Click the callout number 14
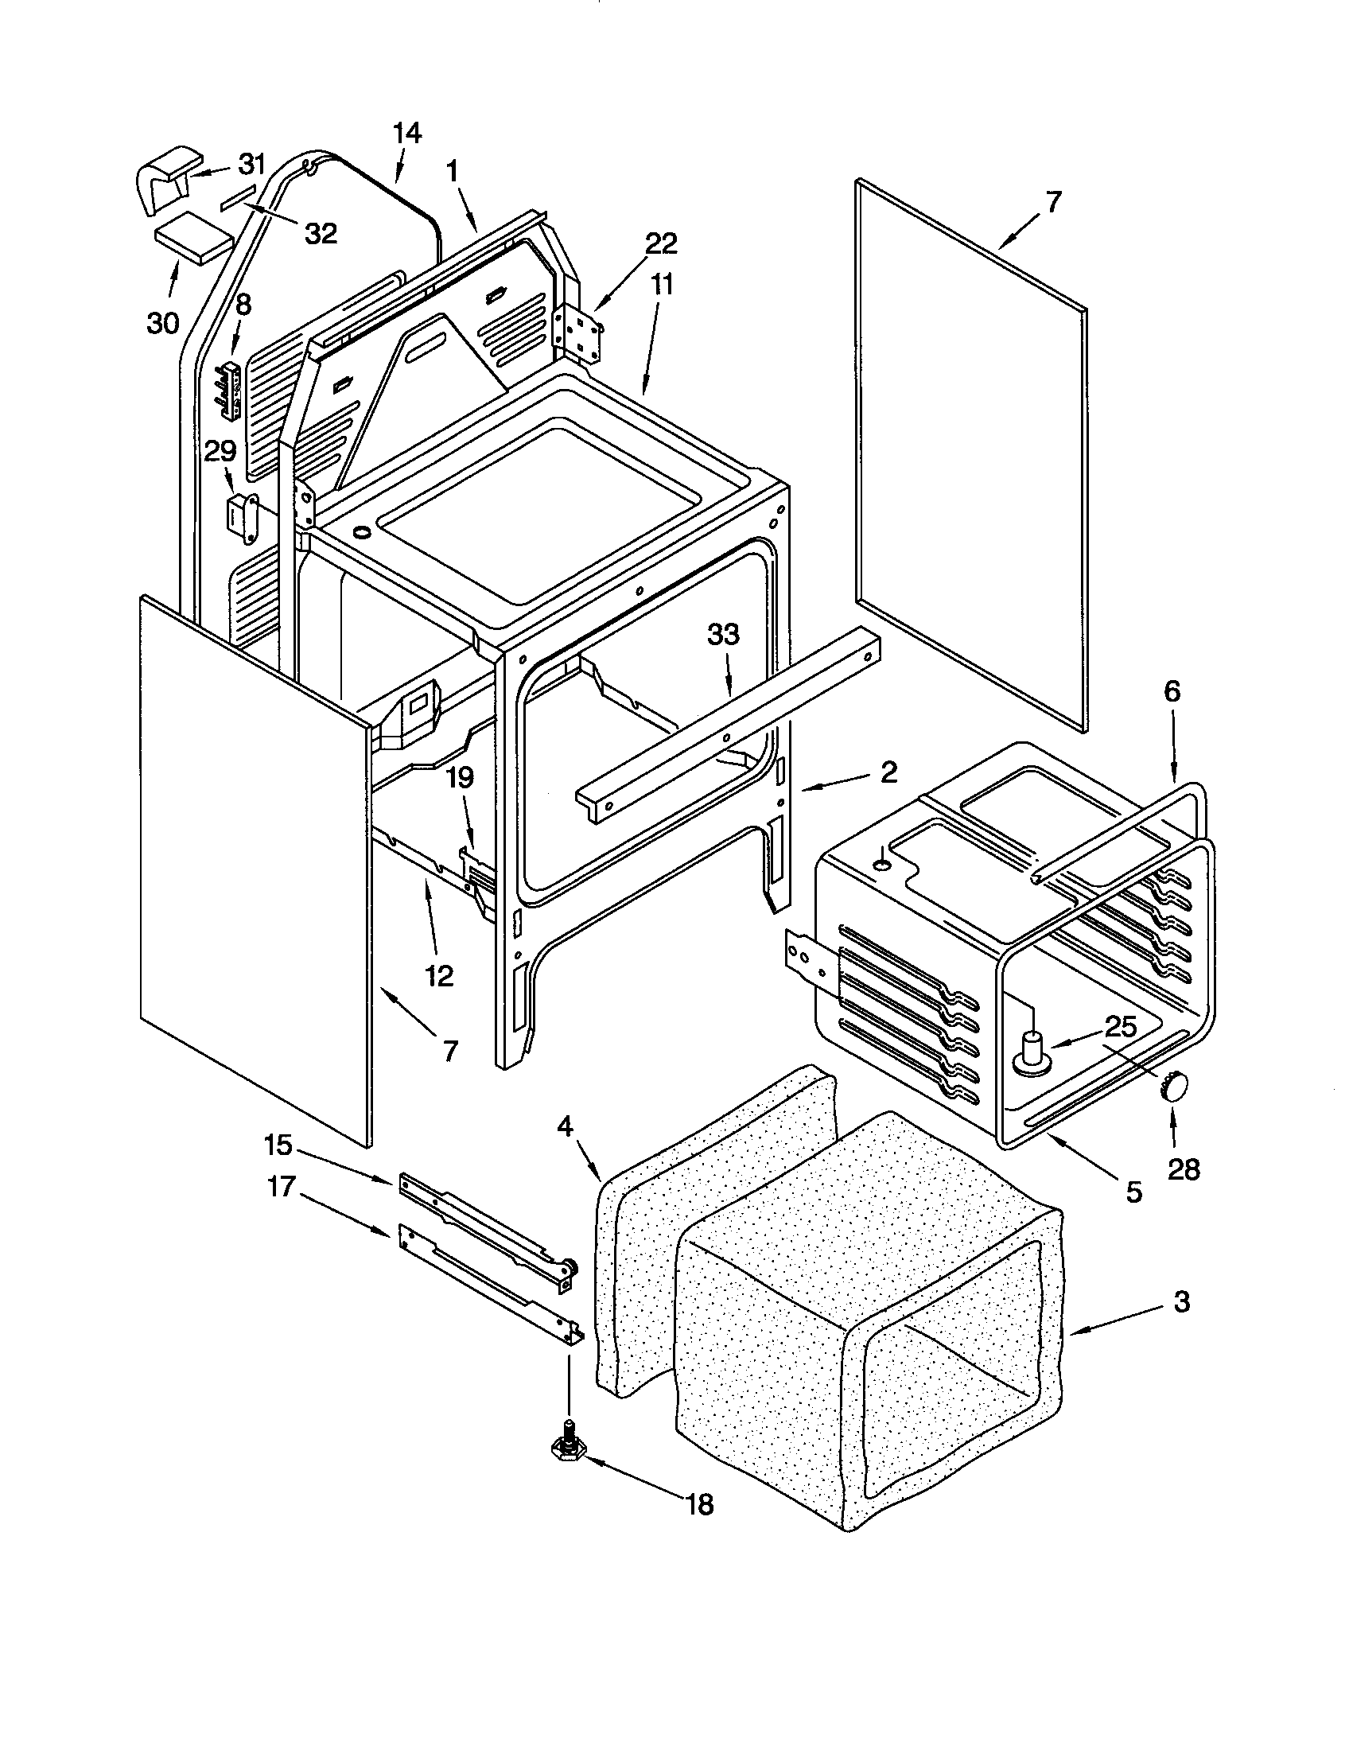[x=407, y=133]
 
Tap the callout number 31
[x=251, y=165]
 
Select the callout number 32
[x=321, y=233]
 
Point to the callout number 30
[x=163, y=323]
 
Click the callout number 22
[x=661, y=243]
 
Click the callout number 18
[x=699, y=1505]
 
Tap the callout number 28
[x=1184, y=1170]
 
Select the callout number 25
[x=1120, y=1027]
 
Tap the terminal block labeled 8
[x=231, y=390]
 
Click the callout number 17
[x=282, y=1186]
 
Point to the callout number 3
[x=1181, y=1302]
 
